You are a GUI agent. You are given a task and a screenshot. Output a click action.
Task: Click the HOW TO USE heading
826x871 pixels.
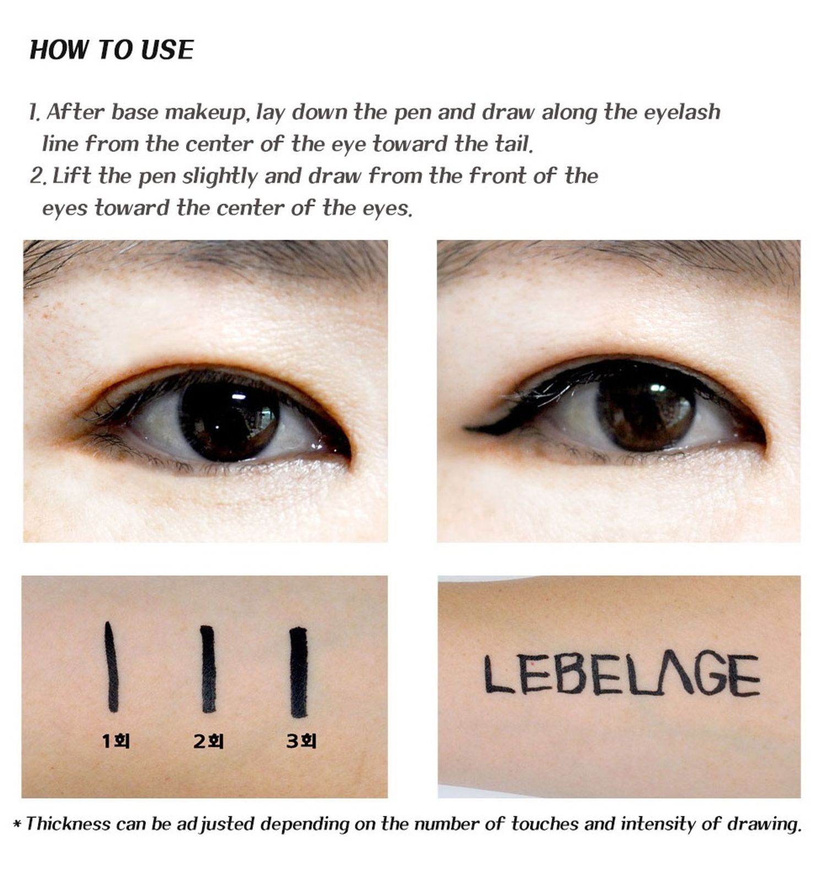(111, 49)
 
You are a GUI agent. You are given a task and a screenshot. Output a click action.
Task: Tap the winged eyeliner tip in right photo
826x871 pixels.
(468, 428)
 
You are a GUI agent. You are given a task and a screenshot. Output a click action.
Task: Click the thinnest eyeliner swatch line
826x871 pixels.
(111, 667)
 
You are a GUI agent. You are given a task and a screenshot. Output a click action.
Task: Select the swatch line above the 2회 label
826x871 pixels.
(208, 669)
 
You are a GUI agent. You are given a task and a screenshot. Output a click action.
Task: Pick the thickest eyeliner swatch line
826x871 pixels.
(298, 672)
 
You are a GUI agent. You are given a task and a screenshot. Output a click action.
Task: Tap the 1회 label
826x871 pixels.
(116, 741)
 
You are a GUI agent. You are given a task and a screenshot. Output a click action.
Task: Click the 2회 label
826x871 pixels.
(208, 741)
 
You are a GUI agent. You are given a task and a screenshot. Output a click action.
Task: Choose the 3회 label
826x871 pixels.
(301, 741)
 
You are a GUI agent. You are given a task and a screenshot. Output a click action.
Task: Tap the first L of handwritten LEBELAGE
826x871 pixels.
(498, 674)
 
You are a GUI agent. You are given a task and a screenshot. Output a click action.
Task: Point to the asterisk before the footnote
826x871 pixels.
(17, 824)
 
